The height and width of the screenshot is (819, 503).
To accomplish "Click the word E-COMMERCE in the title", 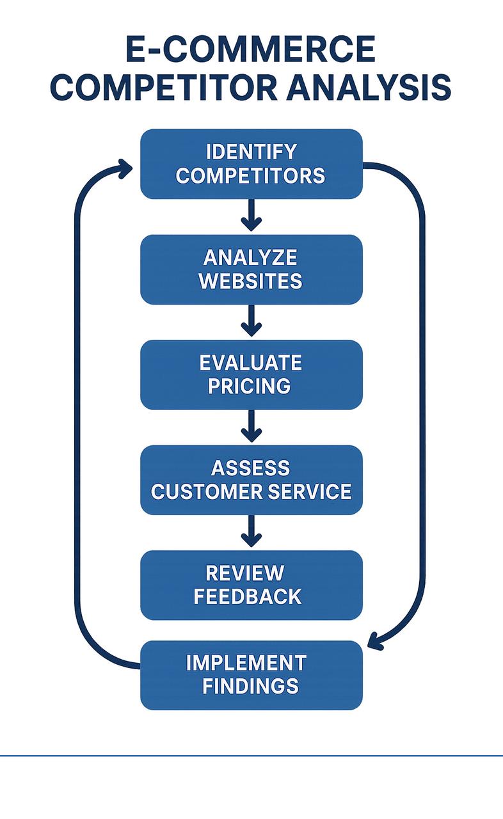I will coord(251,51).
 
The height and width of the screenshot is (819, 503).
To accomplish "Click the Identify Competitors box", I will coord(251,163).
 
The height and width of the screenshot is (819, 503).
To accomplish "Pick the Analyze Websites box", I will coord(251,269).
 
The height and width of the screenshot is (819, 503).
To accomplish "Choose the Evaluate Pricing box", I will coord(251,374).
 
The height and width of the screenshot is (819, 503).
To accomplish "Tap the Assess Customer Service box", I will coord(251,480).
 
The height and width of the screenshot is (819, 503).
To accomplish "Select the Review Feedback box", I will coord(251,585).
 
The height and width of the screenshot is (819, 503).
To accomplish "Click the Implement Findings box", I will coord(251,674).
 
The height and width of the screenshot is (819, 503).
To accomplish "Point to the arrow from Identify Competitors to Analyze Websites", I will coord(251,216).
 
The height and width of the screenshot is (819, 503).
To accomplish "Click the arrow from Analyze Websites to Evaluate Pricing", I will coord(251,321).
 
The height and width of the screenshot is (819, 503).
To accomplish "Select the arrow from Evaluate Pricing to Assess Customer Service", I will coord(251,427).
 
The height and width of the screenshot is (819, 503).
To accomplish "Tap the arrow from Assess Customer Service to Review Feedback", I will coord(251,532).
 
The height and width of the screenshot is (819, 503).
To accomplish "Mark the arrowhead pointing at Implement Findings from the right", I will coord(377,641).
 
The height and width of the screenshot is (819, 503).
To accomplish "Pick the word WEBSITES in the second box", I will coord(251,281).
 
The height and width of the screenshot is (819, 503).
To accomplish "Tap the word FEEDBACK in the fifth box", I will coord(248,596).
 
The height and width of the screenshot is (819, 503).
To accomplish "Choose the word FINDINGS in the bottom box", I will coord(251,686).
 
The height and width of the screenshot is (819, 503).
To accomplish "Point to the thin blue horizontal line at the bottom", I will coord(251,756).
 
